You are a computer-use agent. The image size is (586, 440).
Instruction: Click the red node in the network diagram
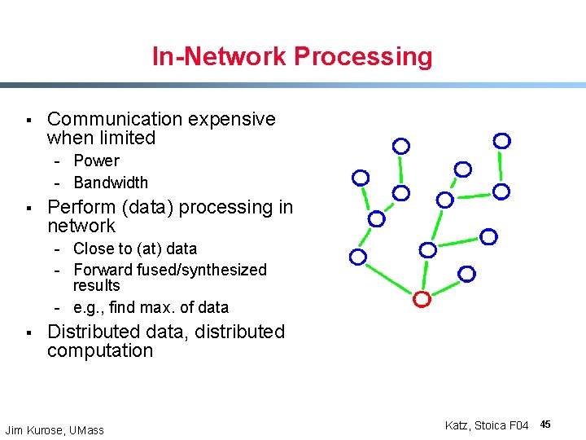(x=422, y=299)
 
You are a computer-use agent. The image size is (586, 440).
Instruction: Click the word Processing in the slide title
(x=363, y=57)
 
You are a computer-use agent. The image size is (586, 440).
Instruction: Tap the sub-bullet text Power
(x=96, y=161)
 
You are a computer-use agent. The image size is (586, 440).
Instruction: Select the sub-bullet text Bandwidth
(x=111, y=183)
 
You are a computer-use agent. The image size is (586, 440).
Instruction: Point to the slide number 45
(x=545, y=425)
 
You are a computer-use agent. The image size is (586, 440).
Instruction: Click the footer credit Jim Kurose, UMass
(x=55, y=430)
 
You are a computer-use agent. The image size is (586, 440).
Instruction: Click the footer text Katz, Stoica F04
(x=487, y=425)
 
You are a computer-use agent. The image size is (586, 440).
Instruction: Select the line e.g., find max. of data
(x=151, y=308)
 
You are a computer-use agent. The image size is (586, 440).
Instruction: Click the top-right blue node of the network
(x=502, y=141)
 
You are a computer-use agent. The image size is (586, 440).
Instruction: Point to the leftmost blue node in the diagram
(x=358, y=257)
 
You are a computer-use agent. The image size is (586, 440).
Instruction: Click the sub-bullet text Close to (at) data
(x=135, y=249)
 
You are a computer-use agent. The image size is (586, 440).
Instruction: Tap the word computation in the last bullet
(x=100, y=351)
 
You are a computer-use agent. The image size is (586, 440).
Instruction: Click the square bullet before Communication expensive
(x=28, y=121)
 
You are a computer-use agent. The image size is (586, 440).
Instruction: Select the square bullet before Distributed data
(x=28, y=333)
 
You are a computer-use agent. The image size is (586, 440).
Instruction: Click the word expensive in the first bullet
(x=232, y=119)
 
